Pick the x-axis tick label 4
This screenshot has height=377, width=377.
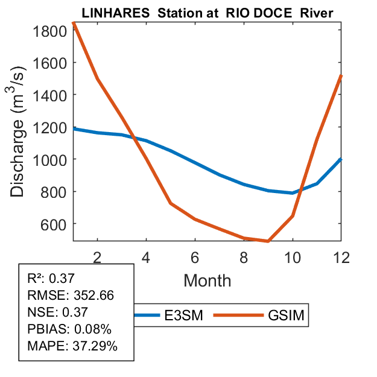click(146, 256)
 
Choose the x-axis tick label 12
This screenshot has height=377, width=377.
click(341, 256)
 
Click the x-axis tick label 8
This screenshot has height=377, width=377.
click(244, 256)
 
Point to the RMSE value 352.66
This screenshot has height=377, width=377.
click(93, 296)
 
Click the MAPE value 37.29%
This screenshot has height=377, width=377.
click(95, 346)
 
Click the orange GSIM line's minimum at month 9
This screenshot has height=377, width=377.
click(268, 241)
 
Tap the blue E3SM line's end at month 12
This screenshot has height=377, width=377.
click(341, 159)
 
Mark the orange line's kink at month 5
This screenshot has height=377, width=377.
click(171, 203)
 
